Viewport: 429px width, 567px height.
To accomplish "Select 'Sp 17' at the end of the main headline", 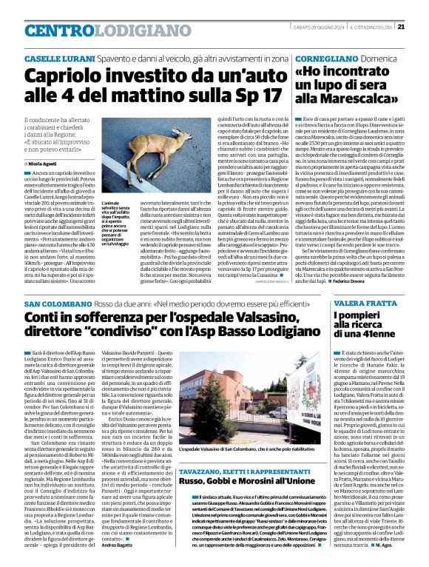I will click(260, 96).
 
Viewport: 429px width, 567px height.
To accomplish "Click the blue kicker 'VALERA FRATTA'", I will click(359, 304).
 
